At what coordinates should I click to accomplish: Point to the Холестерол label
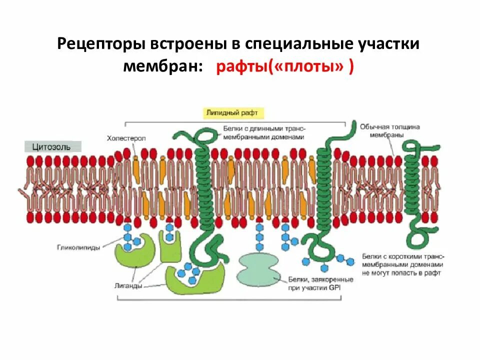point(126,138)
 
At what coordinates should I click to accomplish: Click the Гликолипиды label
point(78,247)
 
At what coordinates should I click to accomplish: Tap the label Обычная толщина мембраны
point(389,130)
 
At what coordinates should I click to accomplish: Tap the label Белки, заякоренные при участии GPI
point(320,283)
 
